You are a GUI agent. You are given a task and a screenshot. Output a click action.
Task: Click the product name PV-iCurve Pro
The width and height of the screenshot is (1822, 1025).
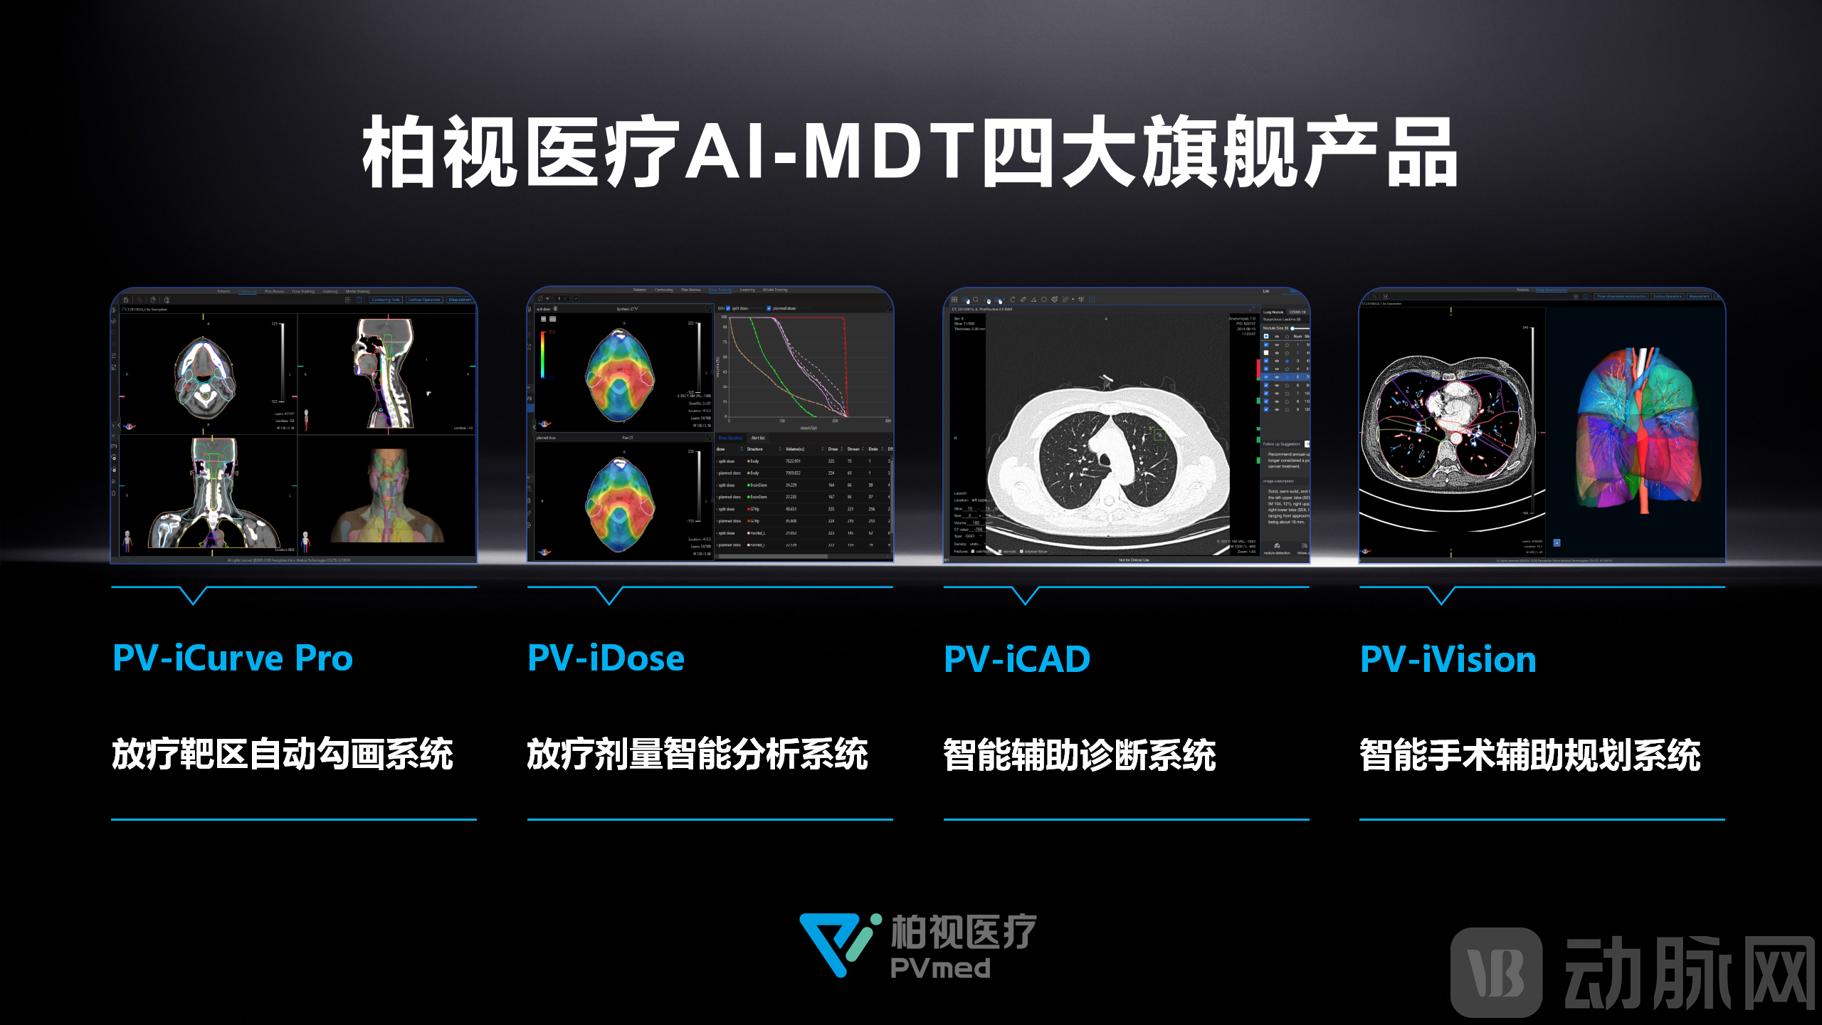tap(233, 658)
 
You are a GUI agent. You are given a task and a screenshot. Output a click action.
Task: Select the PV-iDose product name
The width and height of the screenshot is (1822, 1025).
tap(606, 658)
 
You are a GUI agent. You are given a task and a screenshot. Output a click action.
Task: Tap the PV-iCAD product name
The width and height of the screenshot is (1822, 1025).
tap(1017, 659)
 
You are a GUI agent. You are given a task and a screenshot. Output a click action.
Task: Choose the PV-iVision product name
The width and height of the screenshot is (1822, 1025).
tap(1448, 659)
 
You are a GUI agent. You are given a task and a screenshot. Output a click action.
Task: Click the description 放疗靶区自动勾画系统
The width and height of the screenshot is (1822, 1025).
tap(283, 755)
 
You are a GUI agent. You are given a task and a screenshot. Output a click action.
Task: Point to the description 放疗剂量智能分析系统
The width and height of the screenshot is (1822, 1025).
tap(697, 755)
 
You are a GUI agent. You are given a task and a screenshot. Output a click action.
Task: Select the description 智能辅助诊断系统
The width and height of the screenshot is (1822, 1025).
tap(1080, 755)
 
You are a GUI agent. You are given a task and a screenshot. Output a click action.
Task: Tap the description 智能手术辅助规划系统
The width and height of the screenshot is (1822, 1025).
tap(1530, 755)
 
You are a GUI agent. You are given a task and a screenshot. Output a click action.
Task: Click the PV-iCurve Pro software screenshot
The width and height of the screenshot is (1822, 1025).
tap(294, 426)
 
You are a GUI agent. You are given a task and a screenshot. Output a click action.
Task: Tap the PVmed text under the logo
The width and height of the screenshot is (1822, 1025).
tap(940, 969)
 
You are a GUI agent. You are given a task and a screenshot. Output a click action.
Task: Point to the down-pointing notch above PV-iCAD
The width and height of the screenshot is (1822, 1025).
tap(1025, 596)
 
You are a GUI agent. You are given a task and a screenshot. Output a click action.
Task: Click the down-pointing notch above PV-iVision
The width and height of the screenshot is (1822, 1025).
tap(1441, 596)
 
